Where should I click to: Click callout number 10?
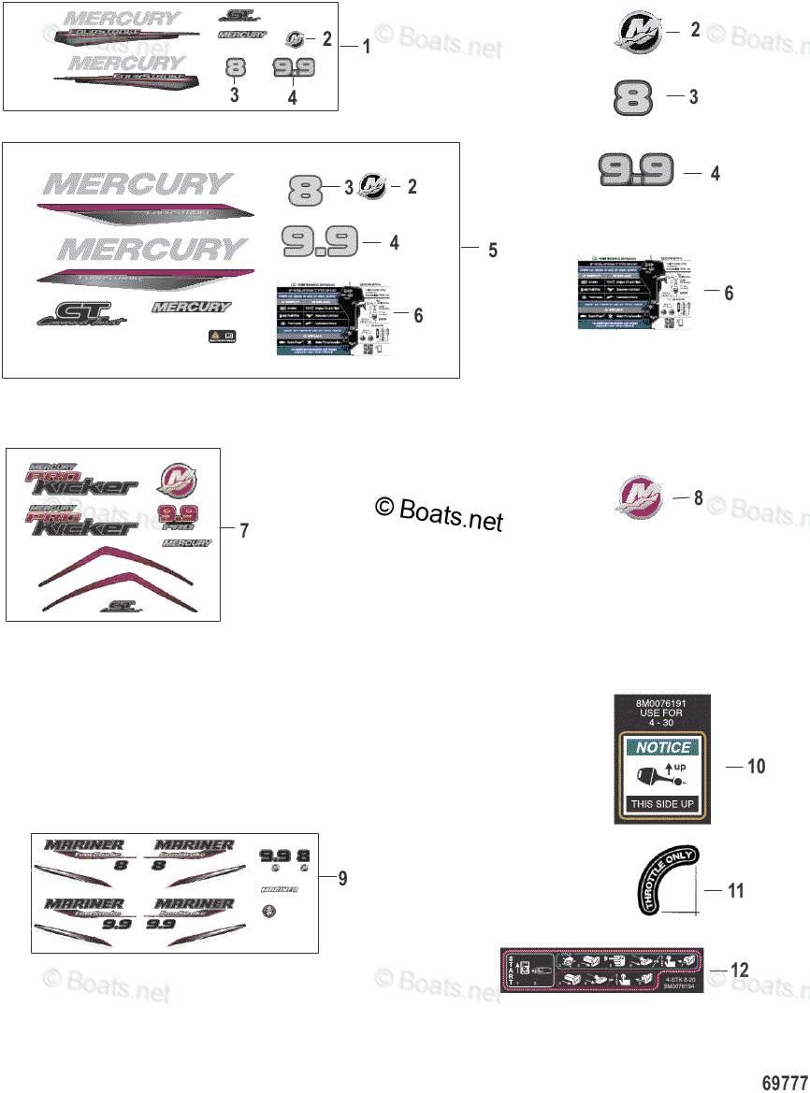(757, 767)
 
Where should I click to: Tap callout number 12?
(739, 971)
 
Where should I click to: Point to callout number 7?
(244, 531)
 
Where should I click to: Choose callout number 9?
(342, 878)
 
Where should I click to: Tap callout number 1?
(366, 46)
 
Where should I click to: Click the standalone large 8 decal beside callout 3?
(633, 98)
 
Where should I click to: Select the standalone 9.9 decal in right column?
(636, 171)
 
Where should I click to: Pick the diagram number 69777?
(785, 1082)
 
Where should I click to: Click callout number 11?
(736, 890)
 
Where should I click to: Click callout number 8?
(698, 497)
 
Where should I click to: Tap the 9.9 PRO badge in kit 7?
(175, 517)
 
